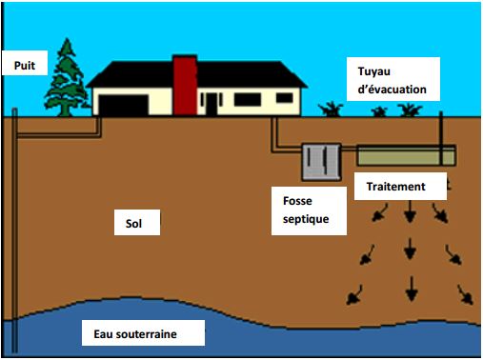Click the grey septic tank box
(x=321, y=162)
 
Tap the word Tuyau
(x=375, y=72)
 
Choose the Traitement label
(x=395, y=186)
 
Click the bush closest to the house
(x=332, y=109)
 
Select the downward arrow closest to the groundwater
(x=411, y=284)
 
